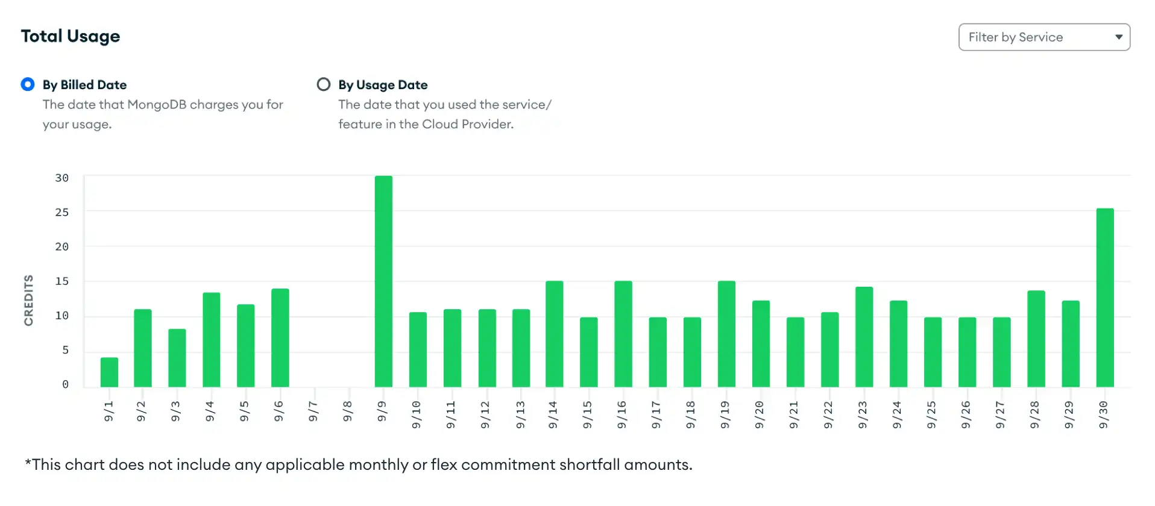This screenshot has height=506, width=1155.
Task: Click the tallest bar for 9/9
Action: (x=383, y=281)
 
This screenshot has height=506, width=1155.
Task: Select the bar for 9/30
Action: (x=1104, y=298)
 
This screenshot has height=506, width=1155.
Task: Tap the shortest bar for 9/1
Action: (x=109, y=372)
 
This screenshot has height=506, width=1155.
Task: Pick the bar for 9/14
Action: (x=554, y=334)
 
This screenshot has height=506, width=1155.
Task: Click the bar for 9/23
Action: (x=864, y=337)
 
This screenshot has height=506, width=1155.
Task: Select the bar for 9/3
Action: (x=177, y=358)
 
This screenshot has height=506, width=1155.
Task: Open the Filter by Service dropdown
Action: (x=1043, y=37)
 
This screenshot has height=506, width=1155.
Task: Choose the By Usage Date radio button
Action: (x=324, y=84)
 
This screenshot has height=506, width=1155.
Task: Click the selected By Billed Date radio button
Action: (x=28, y=84)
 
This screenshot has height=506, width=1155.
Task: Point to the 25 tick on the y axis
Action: (x=61, y=213)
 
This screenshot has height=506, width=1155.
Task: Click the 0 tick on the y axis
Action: (x=65, y=384)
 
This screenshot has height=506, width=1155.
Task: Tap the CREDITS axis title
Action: (x=28, y=300)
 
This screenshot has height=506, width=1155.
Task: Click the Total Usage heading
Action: (x=71, y=36)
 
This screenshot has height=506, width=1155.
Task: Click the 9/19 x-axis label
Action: (x=725, y=414)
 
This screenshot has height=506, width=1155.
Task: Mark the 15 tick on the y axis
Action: (x=61, y=281)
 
